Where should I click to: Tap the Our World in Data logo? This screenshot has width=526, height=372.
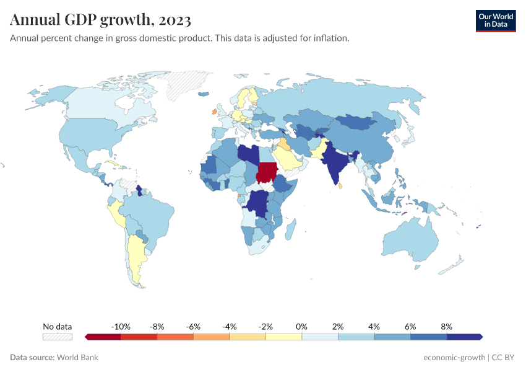tap(496, 20)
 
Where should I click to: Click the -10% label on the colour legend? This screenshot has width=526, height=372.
tap(120, 326)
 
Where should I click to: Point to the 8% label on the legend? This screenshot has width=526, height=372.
tap(446, 326)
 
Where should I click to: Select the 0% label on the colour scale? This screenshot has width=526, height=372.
tap(302, 326)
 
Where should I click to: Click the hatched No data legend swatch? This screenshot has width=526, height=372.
tap(57, 337)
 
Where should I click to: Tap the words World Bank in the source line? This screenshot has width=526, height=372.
tap(77, 357)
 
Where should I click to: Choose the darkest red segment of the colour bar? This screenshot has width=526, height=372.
tap(103, 337)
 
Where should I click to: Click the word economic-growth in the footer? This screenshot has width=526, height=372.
tap(454, 357)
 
